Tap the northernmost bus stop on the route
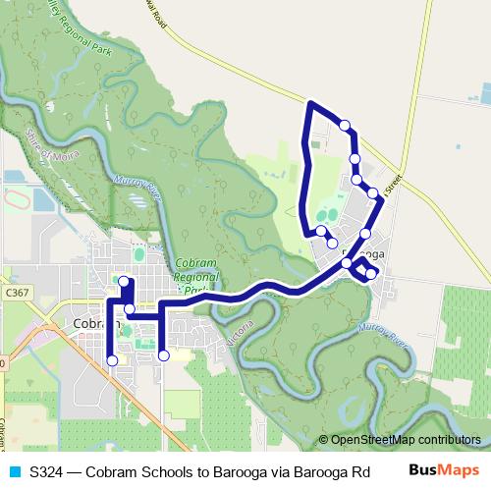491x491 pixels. (x=345, y=125)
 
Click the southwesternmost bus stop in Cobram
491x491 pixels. (x=112, y=360)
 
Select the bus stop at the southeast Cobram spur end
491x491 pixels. (x=164, y=355)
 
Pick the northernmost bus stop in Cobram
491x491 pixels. (x=123, y=282)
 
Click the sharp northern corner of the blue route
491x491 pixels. (x=311, y=103)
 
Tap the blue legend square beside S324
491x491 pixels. (x=14, y=470)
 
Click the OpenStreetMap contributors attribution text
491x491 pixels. (x=405, y=439)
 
